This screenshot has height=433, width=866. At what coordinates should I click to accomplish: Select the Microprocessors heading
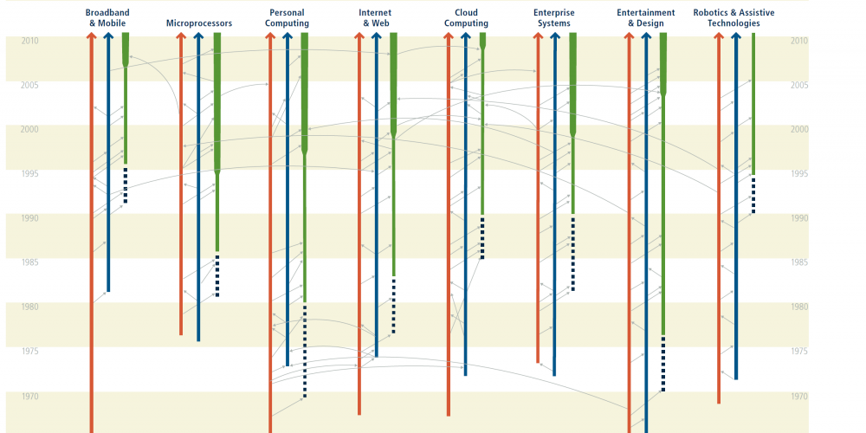click(x=199, y=23)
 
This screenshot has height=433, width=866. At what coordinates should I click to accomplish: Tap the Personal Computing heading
click(x=287, y=17)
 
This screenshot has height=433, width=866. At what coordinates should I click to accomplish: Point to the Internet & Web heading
click(x=375, y=17)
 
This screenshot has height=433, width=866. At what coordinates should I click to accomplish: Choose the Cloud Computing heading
click(x=466, y=17)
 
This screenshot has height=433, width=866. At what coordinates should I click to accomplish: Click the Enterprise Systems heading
click(x=554, y=17)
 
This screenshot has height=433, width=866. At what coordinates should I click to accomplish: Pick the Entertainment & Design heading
click(x=646, y=17)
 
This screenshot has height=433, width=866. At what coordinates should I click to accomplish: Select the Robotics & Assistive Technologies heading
click(x=734, y=17)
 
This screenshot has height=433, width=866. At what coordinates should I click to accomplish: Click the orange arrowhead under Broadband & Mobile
click(x=92, y=36)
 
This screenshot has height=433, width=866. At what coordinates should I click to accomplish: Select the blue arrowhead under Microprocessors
click(x=198, y=36)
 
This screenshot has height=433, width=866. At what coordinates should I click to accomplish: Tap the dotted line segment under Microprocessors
click(x=217, y=275)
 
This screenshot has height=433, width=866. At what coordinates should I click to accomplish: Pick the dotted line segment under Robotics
click(x=753, y=195)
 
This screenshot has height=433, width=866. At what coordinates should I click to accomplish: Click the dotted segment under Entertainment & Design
click(x=662, y=364)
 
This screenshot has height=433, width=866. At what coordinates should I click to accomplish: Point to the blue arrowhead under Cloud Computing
click(x=466, y=36)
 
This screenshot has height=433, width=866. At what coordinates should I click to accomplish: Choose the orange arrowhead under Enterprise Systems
click(x=538, y=36)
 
